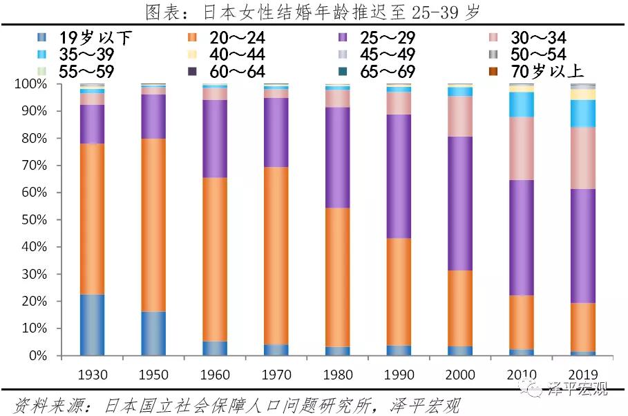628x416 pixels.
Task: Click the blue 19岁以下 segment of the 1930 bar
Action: (92, 324)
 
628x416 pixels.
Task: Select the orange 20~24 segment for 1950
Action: (153, 225)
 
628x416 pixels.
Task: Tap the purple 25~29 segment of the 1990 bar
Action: (398, 176)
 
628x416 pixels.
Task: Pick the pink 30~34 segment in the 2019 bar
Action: (583, 158)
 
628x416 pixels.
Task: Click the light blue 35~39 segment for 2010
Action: (522, 104)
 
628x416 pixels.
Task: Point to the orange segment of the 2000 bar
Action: (460, 308)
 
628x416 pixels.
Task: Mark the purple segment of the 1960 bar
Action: (215, 139)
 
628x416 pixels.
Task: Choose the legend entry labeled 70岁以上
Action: (538, 70)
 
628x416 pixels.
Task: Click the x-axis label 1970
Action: (276, 375)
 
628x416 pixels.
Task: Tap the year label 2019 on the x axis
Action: (583, 375)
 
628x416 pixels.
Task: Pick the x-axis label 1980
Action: (337, 375)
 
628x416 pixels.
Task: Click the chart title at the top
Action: (312, 12)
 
